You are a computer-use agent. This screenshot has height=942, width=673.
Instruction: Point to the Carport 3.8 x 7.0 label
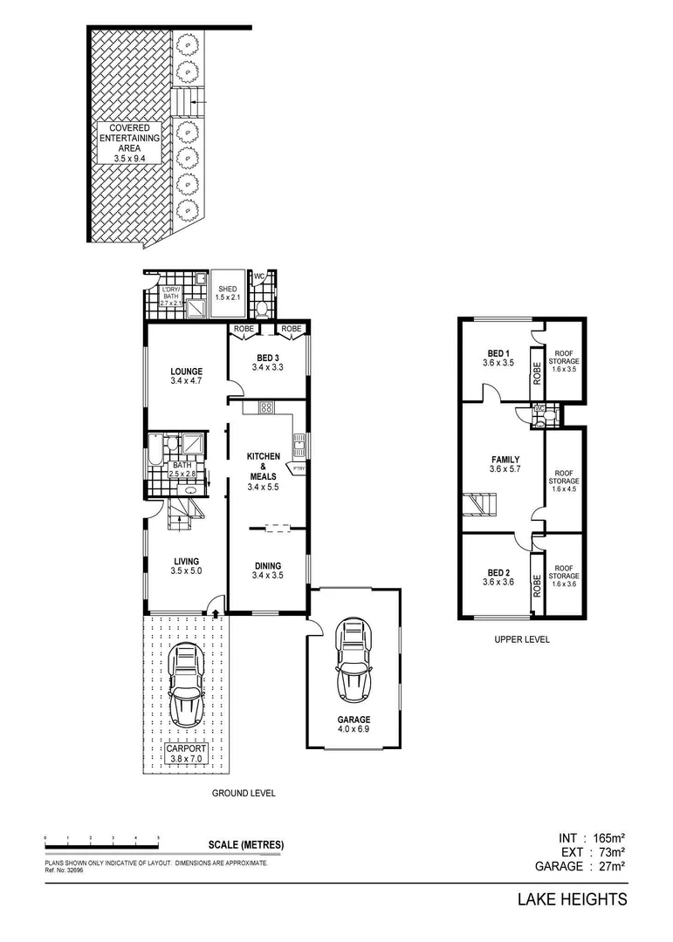point(186,754)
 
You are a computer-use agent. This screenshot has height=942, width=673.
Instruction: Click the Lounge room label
point(186,375)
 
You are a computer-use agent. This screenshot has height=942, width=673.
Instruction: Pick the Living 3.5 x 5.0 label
point(186,566)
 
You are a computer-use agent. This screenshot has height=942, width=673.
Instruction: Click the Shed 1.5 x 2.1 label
point(228,293)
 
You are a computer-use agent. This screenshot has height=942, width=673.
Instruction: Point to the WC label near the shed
point(259,277)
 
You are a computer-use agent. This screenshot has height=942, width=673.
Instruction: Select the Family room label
point(505,465)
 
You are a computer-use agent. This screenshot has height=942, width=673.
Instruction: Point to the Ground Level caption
point(244,794)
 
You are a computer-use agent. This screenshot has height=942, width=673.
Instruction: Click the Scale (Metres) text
point(246,845)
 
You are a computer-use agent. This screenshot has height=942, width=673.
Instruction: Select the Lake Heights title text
point(573,899)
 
